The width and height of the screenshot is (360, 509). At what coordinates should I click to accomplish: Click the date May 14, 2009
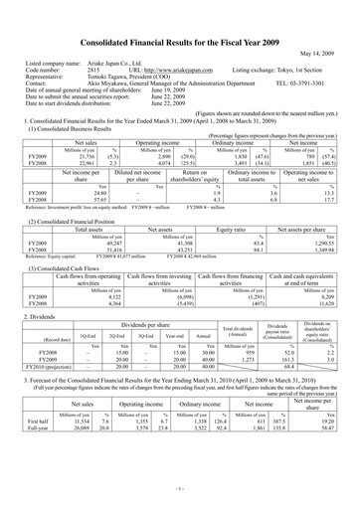coord(323,26)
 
